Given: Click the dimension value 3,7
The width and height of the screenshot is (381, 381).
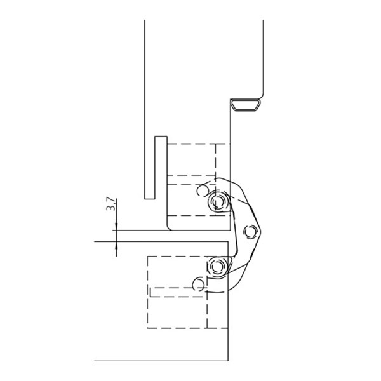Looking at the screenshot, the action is coord(110,204).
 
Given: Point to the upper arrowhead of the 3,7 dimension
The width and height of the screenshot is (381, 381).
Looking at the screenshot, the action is coord(116,227).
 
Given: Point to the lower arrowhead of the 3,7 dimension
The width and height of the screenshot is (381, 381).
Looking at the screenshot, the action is coord(116,245).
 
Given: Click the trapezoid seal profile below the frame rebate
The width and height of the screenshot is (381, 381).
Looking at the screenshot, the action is coord(245,105).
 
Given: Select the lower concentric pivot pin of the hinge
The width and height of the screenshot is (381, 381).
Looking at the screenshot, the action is coord(217,267).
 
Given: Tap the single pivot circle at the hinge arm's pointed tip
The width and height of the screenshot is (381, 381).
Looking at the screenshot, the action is coord(250,232).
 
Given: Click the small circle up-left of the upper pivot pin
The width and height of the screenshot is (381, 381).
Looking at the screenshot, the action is coord(202,190).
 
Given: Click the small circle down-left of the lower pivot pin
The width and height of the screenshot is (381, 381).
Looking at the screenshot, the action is coord(198,284).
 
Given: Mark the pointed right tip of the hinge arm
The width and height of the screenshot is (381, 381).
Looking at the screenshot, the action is coord(261,231).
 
